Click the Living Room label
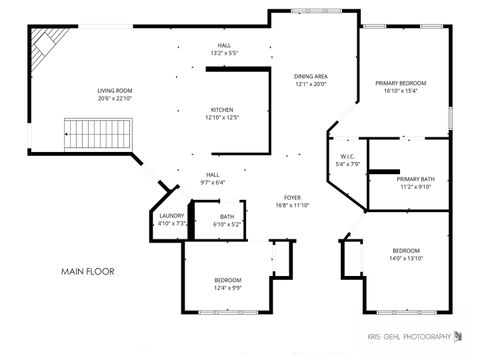pyautogui.click(x=115, y=91)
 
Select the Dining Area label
pyautogui.click(x=311, y=76)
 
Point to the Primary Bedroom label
pyautogui.click(x=401, y=83)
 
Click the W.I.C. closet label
pyautogui.click(x=347, y=156)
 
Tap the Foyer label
pyautogui.click(x=292, y=197)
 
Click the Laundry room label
pyautogui.click(x=171, y=216)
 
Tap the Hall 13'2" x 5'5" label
pyautogui.click(x=225, y=46)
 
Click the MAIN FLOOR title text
pyautogui.click(x=88, y=271)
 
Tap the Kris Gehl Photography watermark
pyautogui.click(x=411, y=336)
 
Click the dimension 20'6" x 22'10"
pyautogui.click(x=115, y=98)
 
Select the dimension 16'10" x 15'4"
pyautogui.click(x=401, y=91)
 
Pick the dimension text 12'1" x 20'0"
pyautogui.click(x=311, y=84)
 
